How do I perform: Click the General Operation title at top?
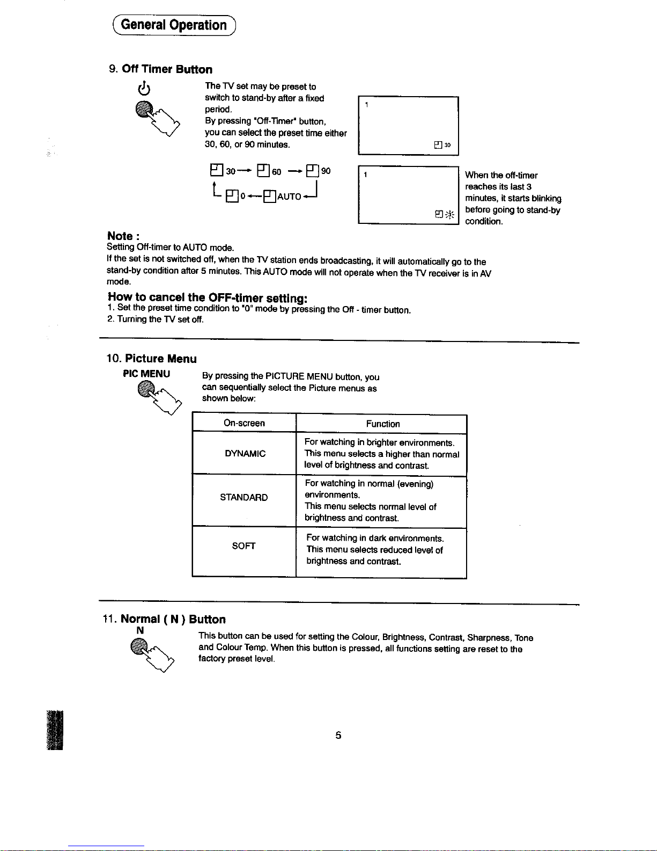point(174,25)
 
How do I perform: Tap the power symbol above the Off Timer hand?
point(143,87)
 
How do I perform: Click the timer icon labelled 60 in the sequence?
point(263,171)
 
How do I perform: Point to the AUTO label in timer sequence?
point(289,197)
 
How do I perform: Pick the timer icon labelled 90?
point(312,171)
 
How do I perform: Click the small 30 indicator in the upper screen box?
point(443,145)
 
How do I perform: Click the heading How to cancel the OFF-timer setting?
point(208,297)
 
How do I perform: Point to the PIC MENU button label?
point(146,374)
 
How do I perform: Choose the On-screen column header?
point(244,423)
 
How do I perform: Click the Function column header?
point(382,424)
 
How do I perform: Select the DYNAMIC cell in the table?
point(245,454)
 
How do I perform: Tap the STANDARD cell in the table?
point(243,497)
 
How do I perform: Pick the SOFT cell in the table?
point(243,546)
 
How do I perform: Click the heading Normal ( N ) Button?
point(173,619)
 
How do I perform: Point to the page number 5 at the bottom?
point(338,735)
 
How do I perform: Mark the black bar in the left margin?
point(55,730)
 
